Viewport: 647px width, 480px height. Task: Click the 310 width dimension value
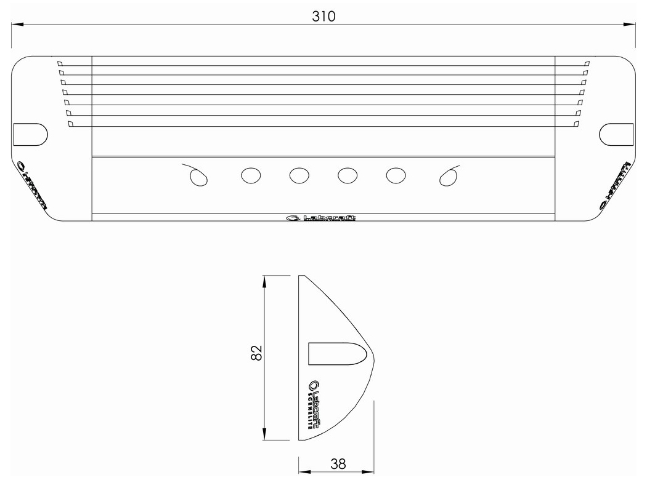point(323,17)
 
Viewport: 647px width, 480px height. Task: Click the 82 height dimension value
point(257,353)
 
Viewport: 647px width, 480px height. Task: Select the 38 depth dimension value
point(337,464)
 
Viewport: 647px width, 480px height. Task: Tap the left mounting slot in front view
point(30,134)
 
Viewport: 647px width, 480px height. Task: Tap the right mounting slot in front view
point(616,134)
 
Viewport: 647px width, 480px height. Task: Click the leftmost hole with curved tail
point(198,177)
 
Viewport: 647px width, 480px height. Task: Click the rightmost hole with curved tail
point(448,177)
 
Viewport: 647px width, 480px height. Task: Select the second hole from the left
point(250,176)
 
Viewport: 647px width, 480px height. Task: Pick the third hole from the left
point(299,176)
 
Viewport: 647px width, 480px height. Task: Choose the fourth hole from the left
point(348,176)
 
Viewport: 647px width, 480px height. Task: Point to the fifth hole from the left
point(396,176)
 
